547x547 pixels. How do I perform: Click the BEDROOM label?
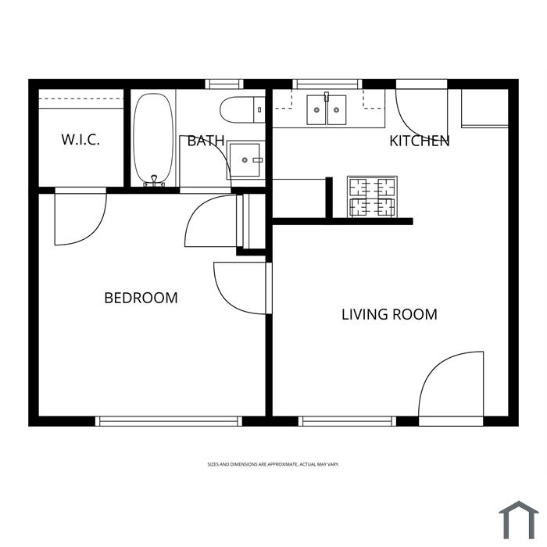tap(141, 298)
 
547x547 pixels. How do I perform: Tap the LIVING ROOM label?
tap(389, 314)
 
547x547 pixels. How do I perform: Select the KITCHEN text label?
tap(420, 141)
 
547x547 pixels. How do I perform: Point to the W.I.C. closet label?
tap(80, 140)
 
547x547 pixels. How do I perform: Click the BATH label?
tap(206, 141)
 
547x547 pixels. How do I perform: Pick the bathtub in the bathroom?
tap(153, 139)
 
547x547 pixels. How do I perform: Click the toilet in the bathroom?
tap(242, 110)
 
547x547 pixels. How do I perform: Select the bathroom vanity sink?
tap(246, 159)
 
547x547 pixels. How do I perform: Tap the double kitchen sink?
tap(327, 109)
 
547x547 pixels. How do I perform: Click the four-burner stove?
tap(372, 197)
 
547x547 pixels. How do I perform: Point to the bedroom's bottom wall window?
tap(169, 421)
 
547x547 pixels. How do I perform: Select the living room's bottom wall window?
tap(347, 421)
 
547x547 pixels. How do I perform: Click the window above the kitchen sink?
tap(327, 84)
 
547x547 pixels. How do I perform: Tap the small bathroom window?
tap(224, 84)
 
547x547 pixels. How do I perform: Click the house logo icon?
tap(519, 520)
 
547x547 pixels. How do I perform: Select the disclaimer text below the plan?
tap(273, 464)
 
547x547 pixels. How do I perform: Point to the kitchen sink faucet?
tap(327, 97)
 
